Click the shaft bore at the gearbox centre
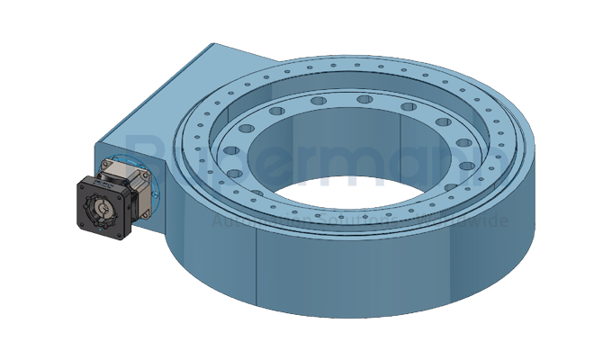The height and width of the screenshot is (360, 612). (102, 209)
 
